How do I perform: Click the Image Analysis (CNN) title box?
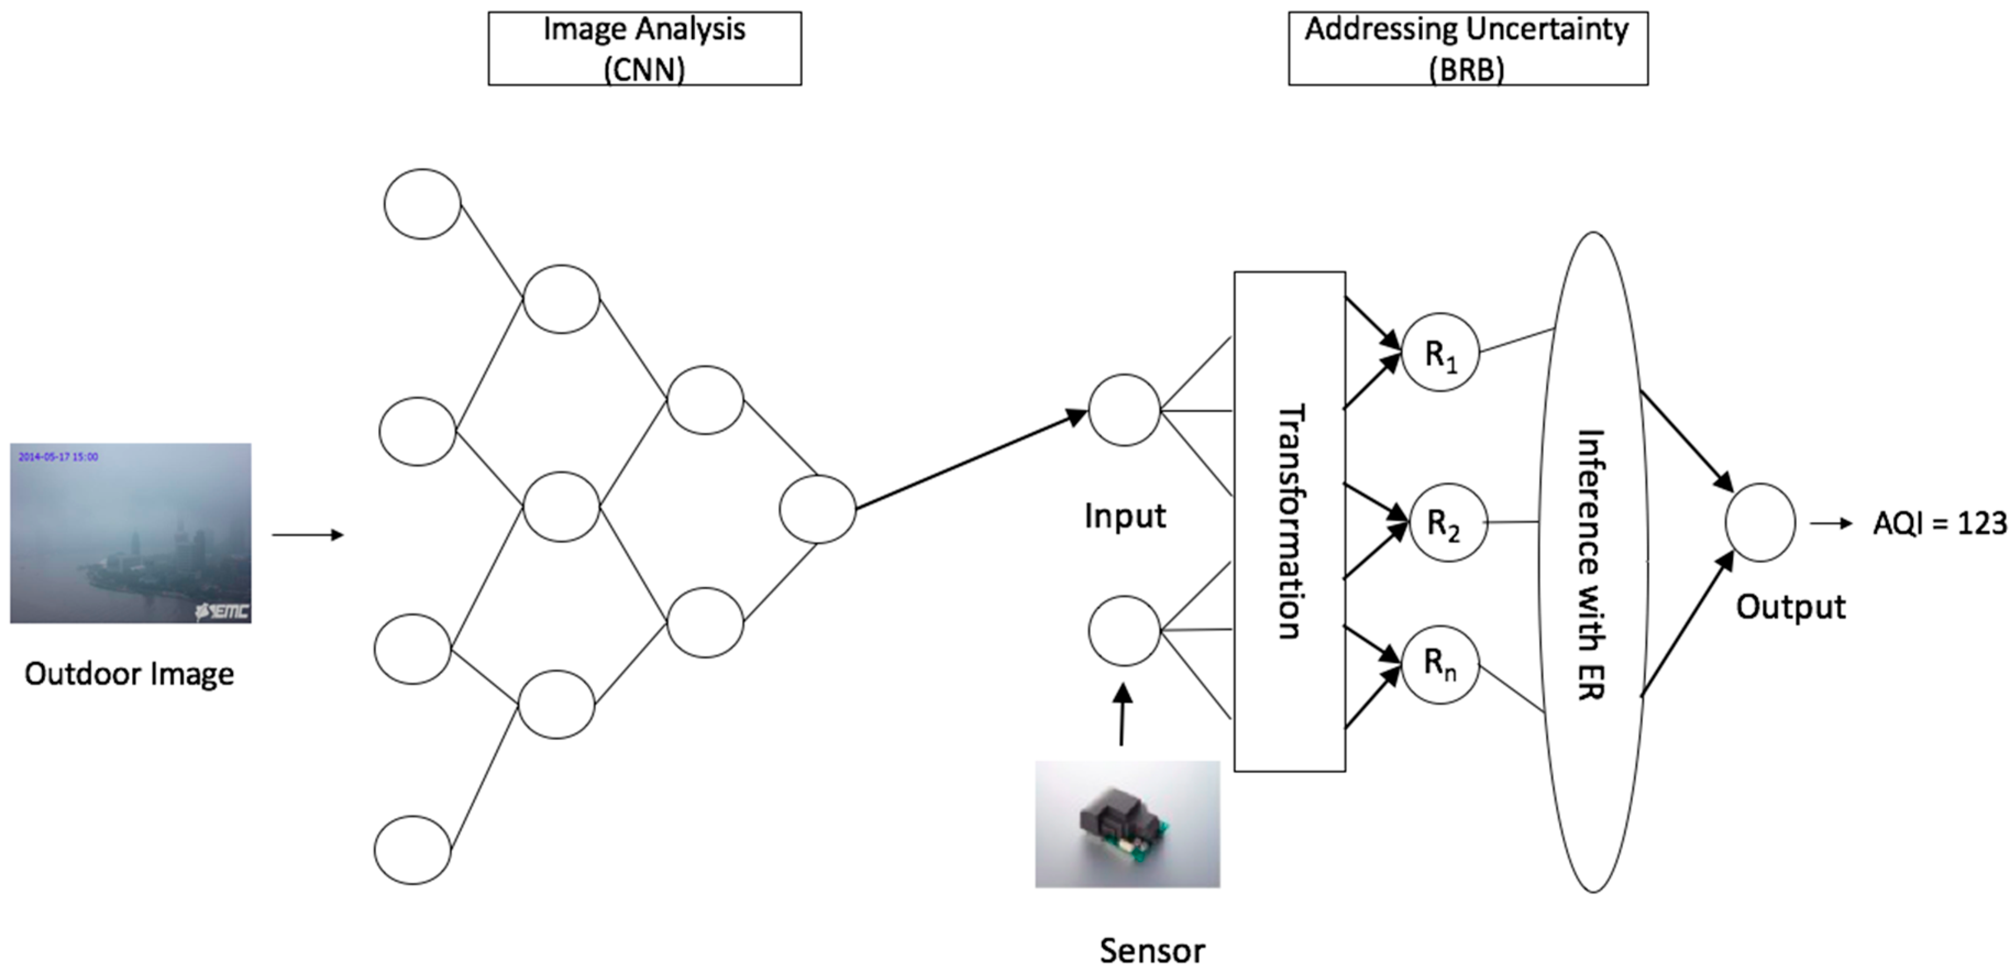tap(645, 48)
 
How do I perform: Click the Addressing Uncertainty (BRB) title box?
tap(1468, 48)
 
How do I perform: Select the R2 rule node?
tap(1444, 522)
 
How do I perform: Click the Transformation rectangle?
tap(1289, 521)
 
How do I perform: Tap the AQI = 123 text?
tap(1940, 523)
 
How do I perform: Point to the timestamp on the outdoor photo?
tap(58, 457)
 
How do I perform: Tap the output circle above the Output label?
tap(1760, 522)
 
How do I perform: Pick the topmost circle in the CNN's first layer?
tap(422, 203)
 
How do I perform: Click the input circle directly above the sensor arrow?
tap(1124, 631)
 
